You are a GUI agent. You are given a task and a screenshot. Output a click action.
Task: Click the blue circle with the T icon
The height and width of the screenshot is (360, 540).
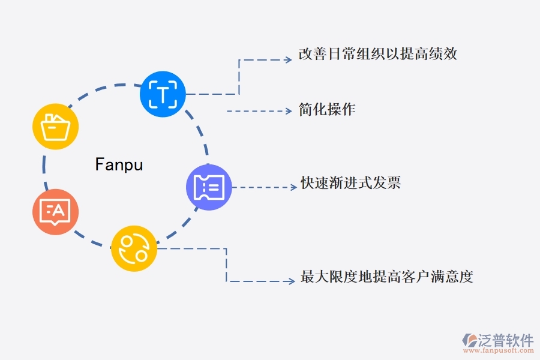click(163, 94)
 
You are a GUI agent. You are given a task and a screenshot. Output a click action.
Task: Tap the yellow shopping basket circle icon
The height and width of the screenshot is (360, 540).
click(55, 127)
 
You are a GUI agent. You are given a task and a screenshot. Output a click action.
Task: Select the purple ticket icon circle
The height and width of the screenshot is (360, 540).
click(209, 187)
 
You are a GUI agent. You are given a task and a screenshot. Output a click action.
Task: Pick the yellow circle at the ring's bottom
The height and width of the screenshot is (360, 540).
click(134, 248)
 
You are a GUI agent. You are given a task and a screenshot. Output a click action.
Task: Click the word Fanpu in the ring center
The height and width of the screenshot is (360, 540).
click(119, 164)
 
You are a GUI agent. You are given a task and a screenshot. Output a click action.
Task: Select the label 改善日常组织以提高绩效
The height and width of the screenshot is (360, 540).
click(378, 54)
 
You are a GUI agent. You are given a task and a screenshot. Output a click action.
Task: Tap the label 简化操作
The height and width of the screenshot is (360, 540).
click(327, 109)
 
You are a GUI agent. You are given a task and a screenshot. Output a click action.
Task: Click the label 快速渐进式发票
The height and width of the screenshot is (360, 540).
click(350, 183)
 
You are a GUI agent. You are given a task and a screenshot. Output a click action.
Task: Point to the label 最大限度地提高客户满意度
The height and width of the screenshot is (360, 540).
click(387, 277)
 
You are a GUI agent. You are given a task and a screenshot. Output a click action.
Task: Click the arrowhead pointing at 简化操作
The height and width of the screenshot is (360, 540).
click(287, 110)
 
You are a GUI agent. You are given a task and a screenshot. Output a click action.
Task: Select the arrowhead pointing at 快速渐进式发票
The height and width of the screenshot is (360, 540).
click(294, 187)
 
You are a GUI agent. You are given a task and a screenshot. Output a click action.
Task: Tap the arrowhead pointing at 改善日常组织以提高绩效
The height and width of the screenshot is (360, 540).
click(287, 60)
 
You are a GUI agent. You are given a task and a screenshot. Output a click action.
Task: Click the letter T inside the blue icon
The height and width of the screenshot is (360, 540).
click(163, 94)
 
